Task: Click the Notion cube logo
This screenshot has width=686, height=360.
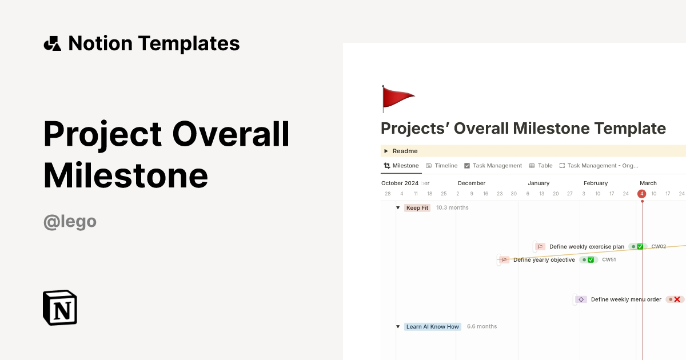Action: click(x=60, y=307)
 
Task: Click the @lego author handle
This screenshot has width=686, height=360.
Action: click(x=70, y=221)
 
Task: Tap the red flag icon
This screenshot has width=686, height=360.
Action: click(x=398, y=98)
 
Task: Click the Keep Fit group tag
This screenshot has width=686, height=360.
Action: click(x=417, y=208)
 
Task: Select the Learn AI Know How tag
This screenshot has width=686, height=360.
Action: click(x=432, y=327)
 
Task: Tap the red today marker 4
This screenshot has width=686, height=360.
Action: click(x=641, y=194)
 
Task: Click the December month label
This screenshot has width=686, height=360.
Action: click(x=471, y=183)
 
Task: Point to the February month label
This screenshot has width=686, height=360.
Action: click(x=595, y=183)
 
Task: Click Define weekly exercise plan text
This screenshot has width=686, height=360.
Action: click(x=587, y=247)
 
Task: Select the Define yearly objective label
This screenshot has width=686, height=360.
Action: click(x=544, y=260)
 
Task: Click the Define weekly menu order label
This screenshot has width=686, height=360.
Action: click(x=626, y=299)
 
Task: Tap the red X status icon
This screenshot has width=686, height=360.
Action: click(x=676, y=299)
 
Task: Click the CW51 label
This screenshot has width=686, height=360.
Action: click(x=609, y=260)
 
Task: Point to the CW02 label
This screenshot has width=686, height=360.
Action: click(x=659, y=247)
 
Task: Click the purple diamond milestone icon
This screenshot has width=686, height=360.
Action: click(x=581, y=299)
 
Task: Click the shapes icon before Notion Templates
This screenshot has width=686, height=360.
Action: click(x=52, y=43)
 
